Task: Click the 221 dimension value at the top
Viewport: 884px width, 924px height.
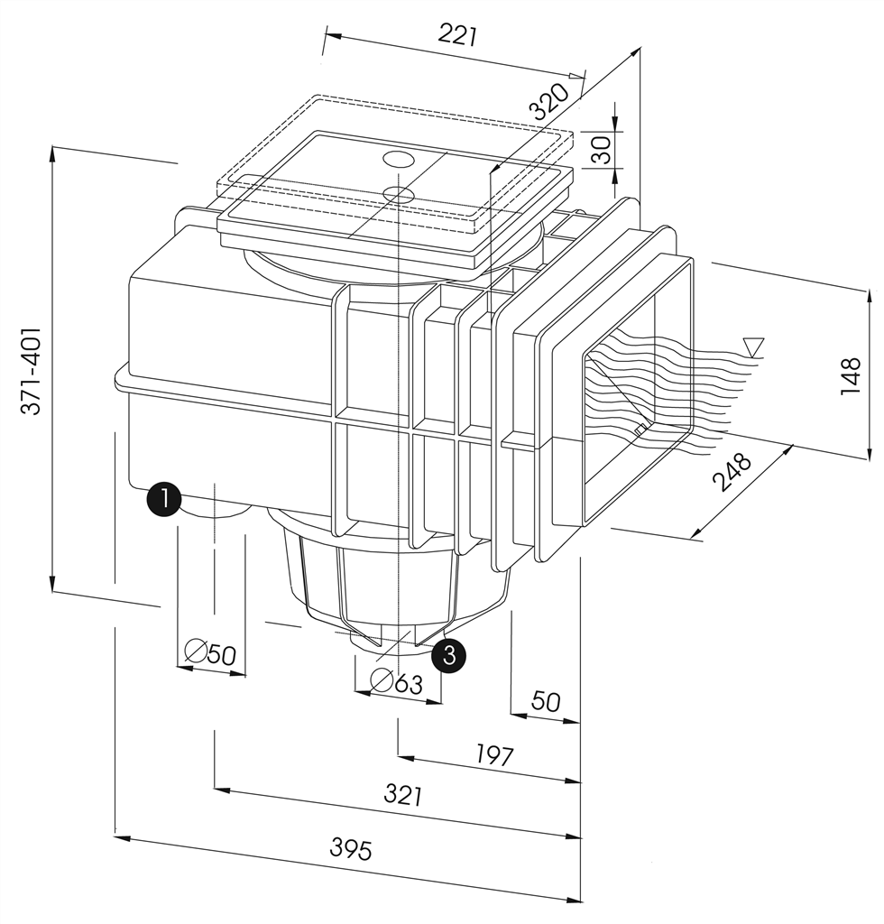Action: click(x=457, y=35)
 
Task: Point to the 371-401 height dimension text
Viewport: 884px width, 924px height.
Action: click(x=32, y=371)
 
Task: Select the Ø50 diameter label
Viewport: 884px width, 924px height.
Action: click(x=209, y=652)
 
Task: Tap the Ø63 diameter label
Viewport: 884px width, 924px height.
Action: click(x=397, y=682)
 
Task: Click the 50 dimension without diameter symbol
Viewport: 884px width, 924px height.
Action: click(x=546, y=701)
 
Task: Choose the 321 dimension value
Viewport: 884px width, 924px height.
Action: click(x=402, y=795)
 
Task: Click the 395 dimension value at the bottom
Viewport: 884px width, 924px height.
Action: click(x=350, y=849)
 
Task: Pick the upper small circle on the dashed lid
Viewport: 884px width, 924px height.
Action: click(x=399, y=160)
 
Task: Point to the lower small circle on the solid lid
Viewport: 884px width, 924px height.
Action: click(x=397, y=193)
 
